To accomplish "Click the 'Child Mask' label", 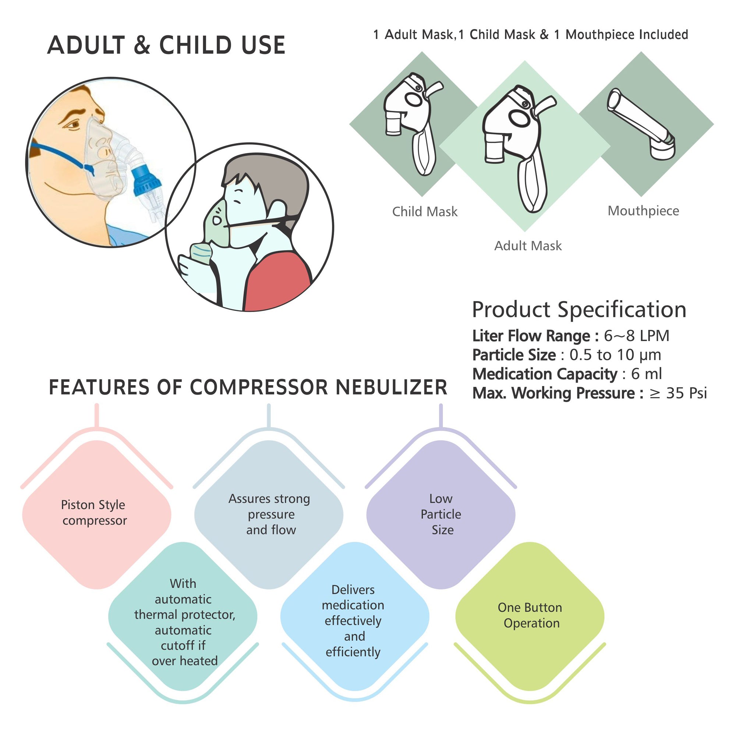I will click(424, 212).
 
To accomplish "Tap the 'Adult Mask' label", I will click(528, 246).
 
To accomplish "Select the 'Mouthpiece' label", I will click(643, 210).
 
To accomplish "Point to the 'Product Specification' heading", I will click(578, 309).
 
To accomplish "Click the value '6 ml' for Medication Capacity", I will click(646, 374).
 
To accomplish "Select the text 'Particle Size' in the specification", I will click(513, 355).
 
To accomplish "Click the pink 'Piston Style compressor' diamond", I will click(96, 514).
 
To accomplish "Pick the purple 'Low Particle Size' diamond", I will click(441, 514).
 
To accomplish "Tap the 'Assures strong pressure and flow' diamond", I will click(269, 514).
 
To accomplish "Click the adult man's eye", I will click(74, 124).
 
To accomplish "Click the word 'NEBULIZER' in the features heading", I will click(391, 388).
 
